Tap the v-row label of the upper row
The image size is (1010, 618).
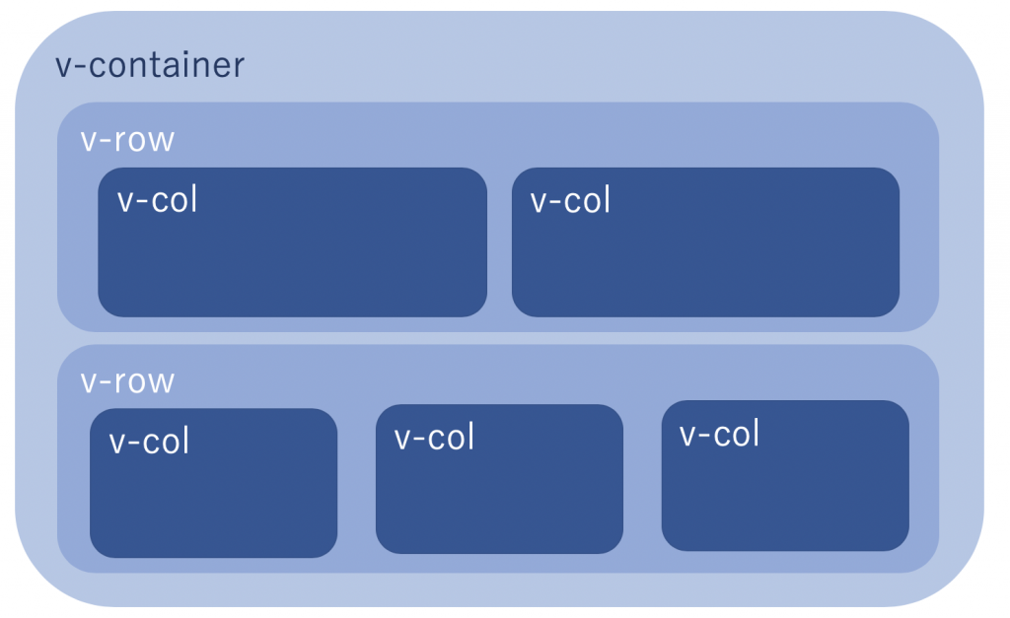pos(127,140)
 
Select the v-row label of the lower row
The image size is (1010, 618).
pos(127,380)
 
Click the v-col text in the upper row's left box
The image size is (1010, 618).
pos(157,199)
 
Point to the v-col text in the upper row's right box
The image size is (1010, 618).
pos(570,199)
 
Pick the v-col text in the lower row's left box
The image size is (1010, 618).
pos(149,441)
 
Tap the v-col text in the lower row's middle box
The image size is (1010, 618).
pos(434,436)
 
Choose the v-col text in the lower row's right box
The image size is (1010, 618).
pos(719,433)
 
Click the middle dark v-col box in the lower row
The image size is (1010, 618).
pos(499,493)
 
